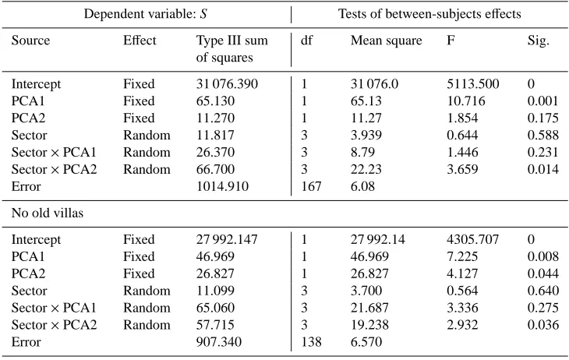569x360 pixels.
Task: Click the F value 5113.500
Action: (x=473, y=84)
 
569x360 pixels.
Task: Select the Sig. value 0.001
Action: (x=542, y=101)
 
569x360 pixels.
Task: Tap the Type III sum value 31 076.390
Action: (x=227, y=84)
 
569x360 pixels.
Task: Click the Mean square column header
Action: (x=386, y=41)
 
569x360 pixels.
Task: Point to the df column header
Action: (x=306, y=41)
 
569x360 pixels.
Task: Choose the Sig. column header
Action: (x=538, y=41)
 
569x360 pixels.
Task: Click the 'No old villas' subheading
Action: (x=48, y=213)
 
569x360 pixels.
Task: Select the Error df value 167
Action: (x=311, y=186)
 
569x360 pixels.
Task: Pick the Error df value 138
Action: (x=311, y=342)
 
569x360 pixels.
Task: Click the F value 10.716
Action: (x=465, y=101)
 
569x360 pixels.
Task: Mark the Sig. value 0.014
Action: (x=542, y=169)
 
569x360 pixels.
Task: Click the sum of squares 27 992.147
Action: (x=227, y=239)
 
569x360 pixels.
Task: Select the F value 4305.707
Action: (x=473, y=239)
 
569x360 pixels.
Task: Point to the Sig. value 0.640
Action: (x=542, y=291)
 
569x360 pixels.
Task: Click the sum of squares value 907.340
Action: (x=219, y=342)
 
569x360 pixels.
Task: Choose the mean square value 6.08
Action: (x=362, y=186)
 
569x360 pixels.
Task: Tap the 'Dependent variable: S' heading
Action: (x=146, y=14)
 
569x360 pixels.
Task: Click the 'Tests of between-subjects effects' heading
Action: (x=429, y=14)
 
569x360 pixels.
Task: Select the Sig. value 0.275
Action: (x=542, y=308)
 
